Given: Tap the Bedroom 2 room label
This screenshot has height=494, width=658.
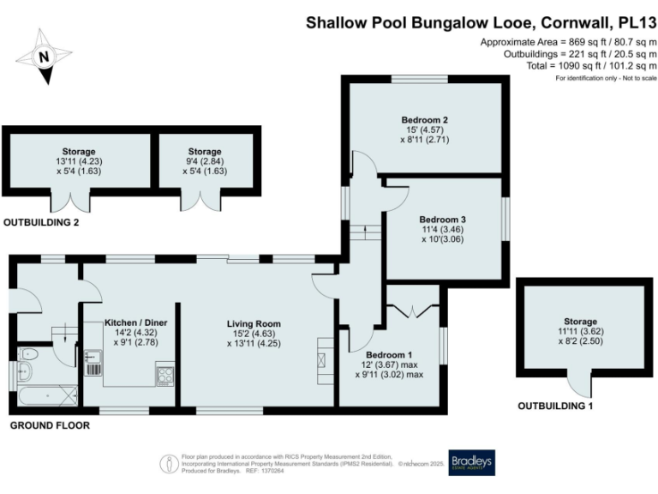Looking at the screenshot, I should tap(425, 119).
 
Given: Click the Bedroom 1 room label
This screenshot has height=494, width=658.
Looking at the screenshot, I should tap(389, 354).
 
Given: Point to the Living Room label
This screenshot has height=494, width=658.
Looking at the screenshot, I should tap(254, 323).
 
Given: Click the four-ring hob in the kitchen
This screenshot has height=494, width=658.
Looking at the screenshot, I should tap(164, 374).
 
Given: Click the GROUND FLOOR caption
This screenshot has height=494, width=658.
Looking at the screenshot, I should tap(45, 425).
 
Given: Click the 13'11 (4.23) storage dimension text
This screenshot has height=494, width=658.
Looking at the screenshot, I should tap(78, 161).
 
